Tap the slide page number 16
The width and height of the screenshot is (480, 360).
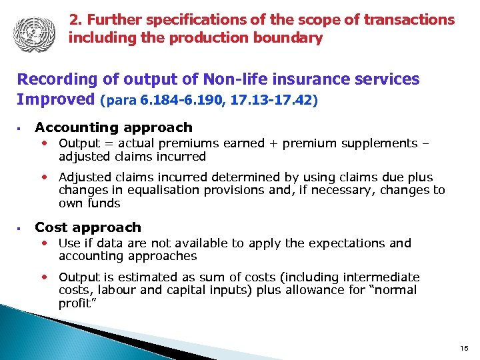point(463,348)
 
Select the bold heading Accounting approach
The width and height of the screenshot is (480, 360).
point(113,127)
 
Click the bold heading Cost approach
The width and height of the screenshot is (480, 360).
point(88,227)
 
